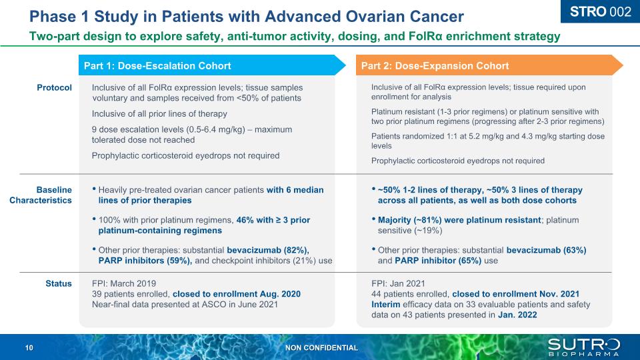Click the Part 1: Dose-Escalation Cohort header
pyautogui.click(x=157, y=65)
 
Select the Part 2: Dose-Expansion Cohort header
pyautogui.click(x=435, y=65)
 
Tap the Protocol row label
pyautogui.click(x=55, y=87)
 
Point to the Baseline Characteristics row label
pyautogui.click(x=41, y=195)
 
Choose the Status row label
pyautogui.click(x=59, y=283)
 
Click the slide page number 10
pyautogui.click(x=29, y=348)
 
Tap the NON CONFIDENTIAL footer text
pyautogui.click(x=321, y=348)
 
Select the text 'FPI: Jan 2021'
pyautogui.click(x=398, y=283)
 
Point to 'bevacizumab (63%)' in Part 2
pyautogui.click(x=546, y=250)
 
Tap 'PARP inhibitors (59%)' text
pyautogui.click(x=145, y=260)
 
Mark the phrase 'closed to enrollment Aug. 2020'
pyautogui.click(x=236, y=294)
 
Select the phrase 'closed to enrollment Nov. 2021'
pyautogui.click(x=515, y=294)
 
